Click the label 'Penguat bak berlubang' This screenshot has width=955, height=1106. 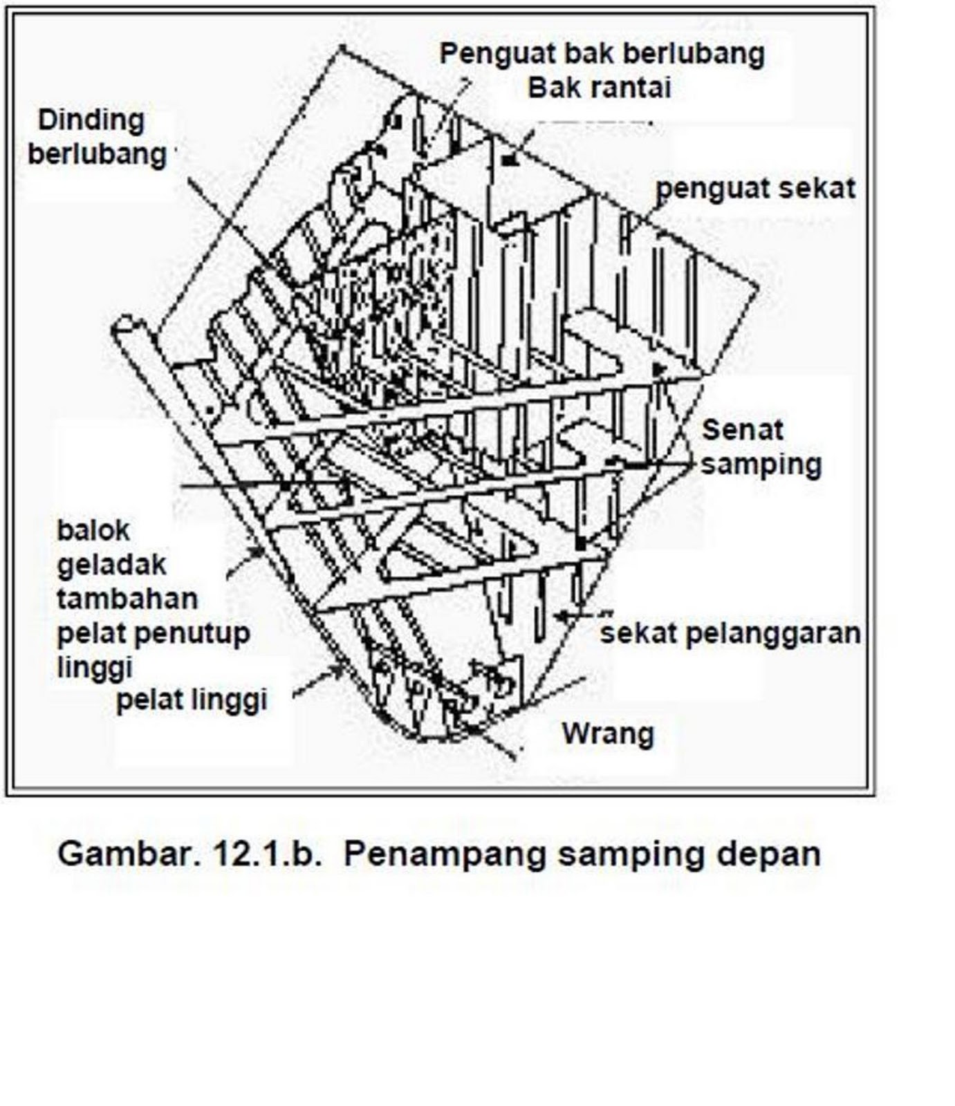pyautogui.click(x=602, y=54)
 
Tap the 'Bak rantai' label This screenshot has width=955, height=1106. pyautogui.click(x=599, y=88)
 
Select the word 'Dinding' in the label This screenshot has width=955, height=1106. pyautogui.click(x=91, y=120)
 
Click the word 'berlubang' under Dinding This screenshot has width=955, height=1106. pyautogui.click(x=97, y=153)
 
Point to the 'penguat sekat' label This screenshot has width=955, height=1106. pyautogui.click(x=755, y=188)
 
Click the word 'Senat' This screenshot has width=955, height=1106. pyautogui.click(x=742, y=430)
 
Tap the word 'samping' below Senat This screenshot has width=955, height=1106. pyautogui.click(x=761, y=464)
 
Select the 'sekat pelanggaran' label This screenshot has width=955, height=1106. pyautogui.click(x=730, y=633)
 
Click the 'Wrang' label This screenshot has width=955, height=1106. pyautogui.click(x=607, y=733)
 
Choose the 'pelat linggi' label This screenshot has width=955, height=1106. pyautogui.click(x=192, y=700)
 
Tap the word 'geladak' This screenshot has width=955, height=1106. pyautogui.click(x=111, y=565)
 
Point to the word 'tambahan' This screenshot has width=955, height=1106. pyautogui.click(x=127, y=599)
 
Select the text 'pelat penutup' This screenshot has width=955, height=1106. pyautogui.click(x=154, y=633)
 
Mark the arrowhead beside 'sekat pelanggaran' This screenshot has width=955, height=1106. pyautogui.click(x=562, y=615)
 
